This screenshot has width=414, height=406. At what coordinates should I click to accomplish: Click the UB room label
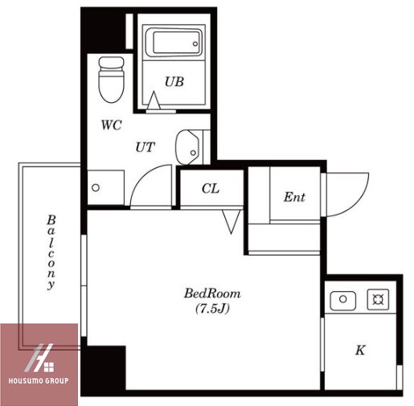point(174,82)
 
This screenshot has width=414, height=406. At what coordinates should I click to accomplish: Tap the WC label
point(112,125)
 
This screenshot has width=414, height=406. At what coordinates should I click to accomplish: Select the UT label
point(146,147)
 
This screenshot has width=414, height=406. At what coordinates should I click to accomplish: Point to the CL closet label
point(211,188)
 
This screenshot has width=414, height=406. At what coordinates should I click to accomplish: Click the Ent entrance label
point(294,197)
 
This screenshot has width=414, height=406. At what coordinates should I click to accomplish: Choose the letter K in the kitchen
point(360,350)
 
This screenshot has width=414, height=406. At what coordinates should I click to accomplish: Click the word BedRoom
point(212,293)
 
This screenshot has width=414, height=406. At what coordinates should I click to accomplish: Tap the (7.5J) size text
point(212,309)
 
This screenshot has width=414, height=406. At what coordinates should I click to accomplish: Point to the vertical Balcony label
point(51,252)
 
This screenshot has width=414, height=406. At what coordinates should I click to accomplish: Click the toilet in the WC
point(111,80)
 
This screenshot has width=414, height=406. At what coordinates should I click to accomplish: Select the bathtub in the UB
point(174,43)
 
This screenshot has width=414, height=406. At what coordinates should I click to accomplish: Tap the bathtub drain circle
point(195,43)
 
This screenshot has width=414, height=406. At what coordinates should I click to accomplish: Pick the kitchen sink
point(343,299)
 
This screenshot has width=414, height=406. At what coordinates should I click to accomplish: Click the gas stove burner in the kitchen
point(378,299)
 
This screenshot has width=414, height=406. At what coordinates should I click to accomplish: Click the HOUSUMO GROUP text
point(39,380)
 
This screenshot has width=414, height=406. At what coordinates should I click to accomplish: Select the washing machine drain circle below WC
point(96,187)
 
